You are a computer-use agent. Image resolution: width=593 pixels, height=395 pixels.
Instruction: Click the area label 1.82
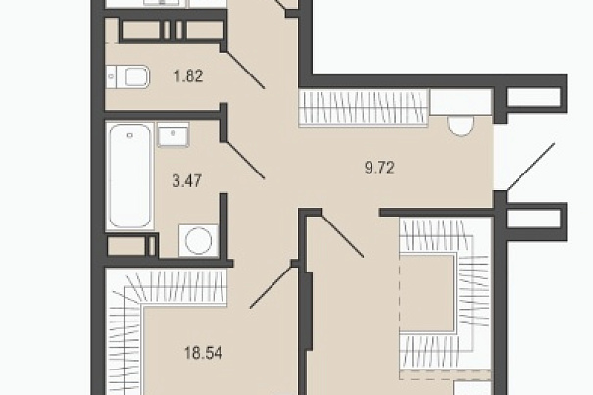[x=188, y=76]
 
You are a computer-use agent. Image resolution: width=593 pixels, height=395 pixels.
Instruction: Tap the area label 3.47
[x=187, y=181]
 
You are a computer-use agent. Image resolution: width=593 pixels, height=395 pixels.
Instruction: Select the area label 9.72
[x=379, y=168]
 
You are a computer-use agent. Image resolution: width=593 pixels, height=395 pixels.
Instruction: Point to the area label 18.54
[x=203, y=353]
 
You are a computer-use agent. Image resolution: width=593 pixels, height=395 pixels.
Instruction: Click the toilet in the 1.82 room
[x=127, y=76]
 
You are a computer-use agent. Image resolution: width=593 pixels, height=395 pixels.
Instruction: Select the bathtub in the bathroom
[x=129, y=175]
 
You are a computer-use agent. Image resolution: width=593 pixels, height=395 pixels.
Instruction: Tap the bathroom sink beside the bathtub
[x=173, y=134]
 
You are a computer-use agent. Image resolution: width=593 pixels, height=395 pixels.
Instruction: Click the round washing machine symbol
[x=199, y=241]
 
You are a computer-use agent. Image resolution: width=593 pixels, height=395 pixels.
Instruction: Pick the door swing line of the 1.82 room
[x=245, y=70]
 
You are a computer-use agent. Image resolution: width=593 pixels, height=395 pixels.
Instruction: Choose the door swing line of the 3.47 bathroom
[x=245, y=160]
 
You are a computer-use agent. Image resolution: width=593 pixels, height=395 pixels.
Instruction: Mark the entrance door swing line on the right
[x=530, y=166]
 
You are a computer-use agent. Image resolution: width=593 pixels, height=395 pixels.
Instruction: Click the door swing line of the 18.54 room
[x=272, y=286]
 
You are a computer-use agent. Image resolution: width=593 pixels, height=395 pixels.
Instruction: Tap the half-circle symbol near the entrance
[x=461, y=126]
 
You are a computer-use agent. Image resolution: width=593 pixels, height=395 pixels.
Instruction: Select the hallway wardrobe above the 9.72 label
[x=364, y=107]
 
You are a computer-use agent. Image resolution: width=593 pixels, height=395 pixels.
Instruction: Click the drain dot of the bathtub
[x=130, y=135]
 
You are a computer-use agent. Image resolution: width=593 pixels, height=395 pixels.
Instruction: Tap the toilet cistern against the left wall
[x=111, y=76]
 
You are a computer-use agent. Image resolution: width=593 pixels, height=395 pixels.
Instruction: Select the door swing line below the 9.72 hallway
[x=343, y=235]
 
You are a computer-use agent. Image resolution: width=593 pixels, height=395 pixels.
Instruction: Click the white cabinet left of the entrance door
[x=461, y=103]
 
